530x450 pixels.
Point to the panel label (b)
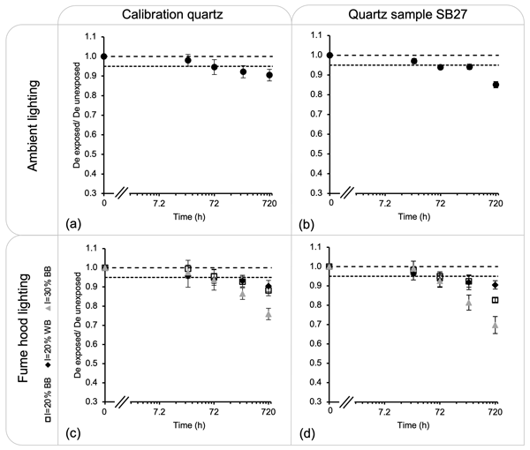(x=301, y=221)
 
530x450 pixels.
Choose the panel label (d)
(x=301, y=432)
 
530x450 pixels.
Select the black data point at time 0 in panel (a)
(x=104, y=56)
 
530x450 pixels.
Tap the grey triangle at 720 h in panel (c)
(x=269, y=313)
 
